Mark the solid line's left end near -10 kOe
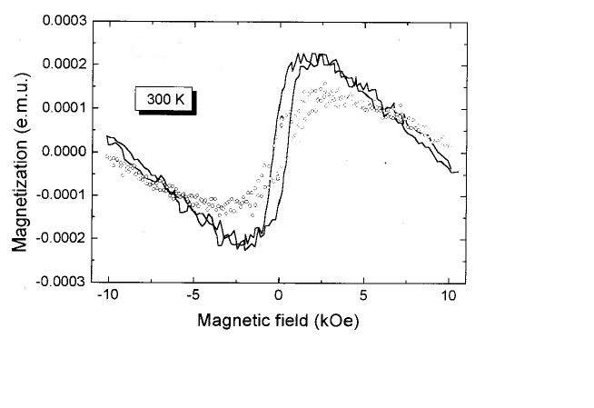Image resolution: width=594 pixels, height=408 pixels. (106, 136)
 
